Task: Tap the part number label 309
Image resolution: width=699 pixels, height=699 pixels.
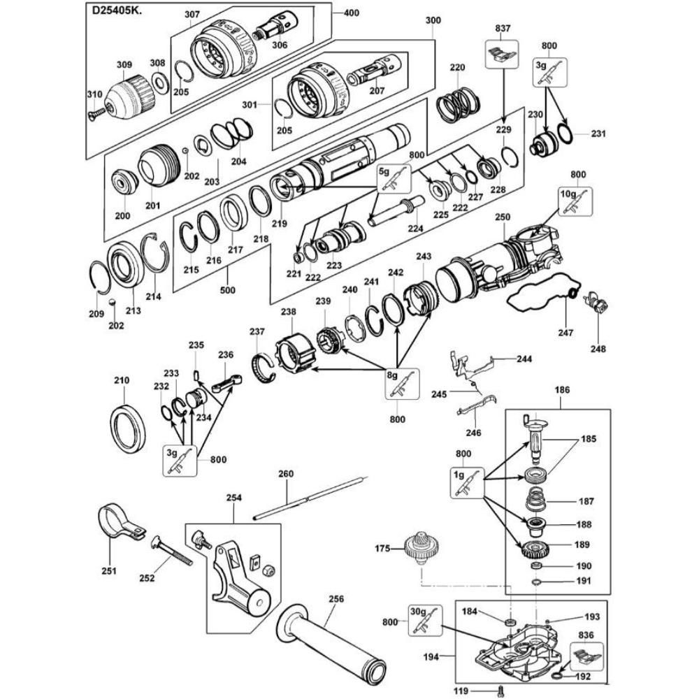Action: (x=124, y=65)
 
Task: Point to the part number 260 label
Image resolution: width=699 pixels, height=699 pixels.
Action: (x=287, y=473)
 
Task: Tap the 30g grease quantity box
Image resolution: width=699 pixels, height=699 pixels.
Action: (x=421, y=621)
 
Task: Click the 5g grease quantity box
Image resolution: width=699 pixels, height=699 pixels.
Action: (x=393, y=178)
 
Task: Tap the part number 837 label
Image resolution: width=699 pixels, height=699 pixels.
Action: (x=503, y=29)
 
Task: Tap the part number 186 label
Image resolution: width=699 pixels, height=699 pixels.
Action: (x=563, y=389)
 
